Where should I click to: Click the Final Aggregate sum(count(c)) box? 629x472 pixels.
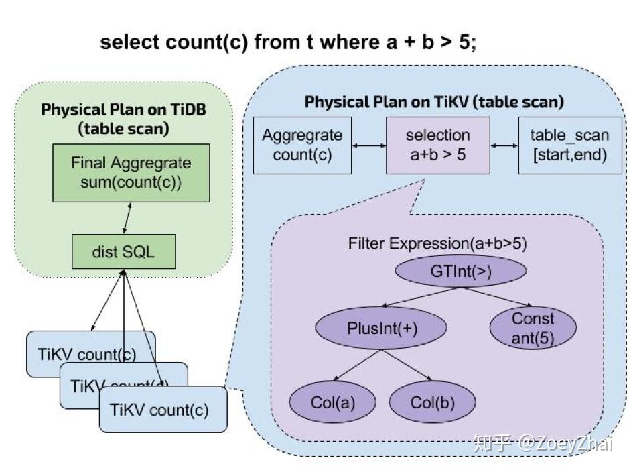(x=131, y=173)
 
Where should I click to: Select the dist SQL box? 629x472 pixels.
(x=123, y=253)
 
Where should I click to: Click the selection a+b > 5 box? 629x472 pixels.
(x=438, y=145)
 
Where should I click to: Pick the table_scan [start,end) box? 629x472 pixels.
(x=569, y=145)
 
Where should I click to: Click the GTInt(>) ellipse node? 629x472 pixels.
(x=461, y=271)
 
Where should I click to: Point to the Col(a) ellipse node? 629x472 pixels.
(x=333, y=402)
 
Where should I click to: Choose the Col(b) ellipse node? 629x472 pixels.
(x=433, y=402)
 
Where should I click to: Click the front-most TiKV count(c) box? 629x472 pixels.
(x=163, y=410)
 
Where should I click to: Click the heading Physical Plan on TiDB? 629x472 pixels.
(x=123, y=109)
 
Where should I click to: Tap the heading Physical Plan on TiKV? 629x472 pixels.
(x=434, y=102)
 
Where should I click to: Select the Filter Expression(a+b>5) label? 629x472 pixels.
(x=437, y=243)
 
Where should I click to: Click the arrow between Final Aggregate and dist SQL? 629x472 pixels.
(x=126, y=219)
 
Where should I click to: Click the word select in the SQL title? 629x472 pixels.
(x=129, y=42)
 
